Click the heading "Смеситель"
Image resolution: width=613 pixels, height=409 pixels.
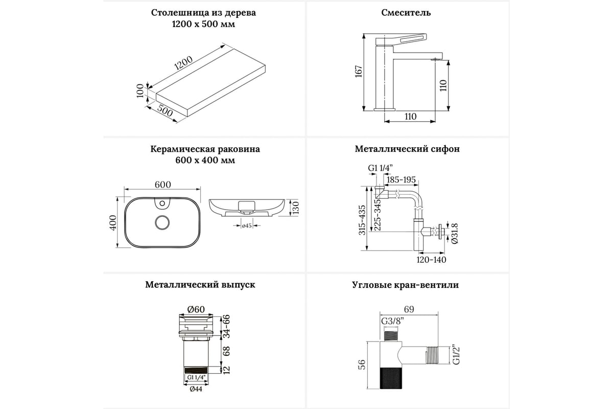point(406,13)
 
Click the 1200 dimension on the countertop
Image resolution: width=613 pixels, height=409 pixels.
point(183,63)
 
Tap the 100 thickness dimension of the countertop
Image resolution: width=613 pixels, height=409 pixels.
point(140,91)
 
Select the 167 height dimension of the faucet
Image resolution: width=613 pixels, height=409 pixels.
point(359,71)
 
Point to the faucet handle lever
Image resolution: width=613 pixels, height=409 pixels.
point(402,40)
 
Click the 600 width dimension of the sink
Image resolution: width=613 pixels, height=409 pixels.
point(163,185)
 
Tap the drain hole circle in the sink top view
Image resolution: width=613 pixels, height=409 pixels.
point(162,222)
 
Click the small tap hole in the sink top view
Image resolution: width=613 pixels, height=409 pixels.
point(162,203)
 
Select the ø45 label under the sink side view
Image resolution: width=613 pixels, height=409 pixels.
point(247,226)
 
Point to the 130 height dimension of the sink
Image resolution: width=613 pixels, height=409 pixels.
point(296,208)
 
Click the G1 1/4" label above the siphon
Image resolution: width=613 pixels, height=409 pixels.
point(381,168)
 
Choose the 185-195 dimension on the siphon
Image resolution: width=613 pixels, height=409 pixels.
point(401,180)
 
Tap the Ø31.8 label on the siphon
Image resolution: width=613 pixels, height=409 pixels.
point(455,233)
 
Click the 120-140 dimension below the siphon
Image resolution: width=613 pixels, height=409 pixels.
point(431,259)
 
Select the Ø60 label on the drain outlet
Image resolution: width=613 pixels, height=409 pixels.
point(196,309)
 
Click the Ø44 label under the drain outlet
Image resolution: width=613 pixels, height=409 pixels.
point(196,389)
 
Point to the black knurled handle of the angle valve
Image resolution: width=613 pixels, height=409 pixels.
point(391,378)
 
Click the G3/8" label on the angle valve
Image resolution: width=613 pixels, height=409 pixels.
point(393,321)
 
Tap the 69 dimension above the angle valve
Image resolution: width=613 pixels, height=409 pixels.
point(409,309)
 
